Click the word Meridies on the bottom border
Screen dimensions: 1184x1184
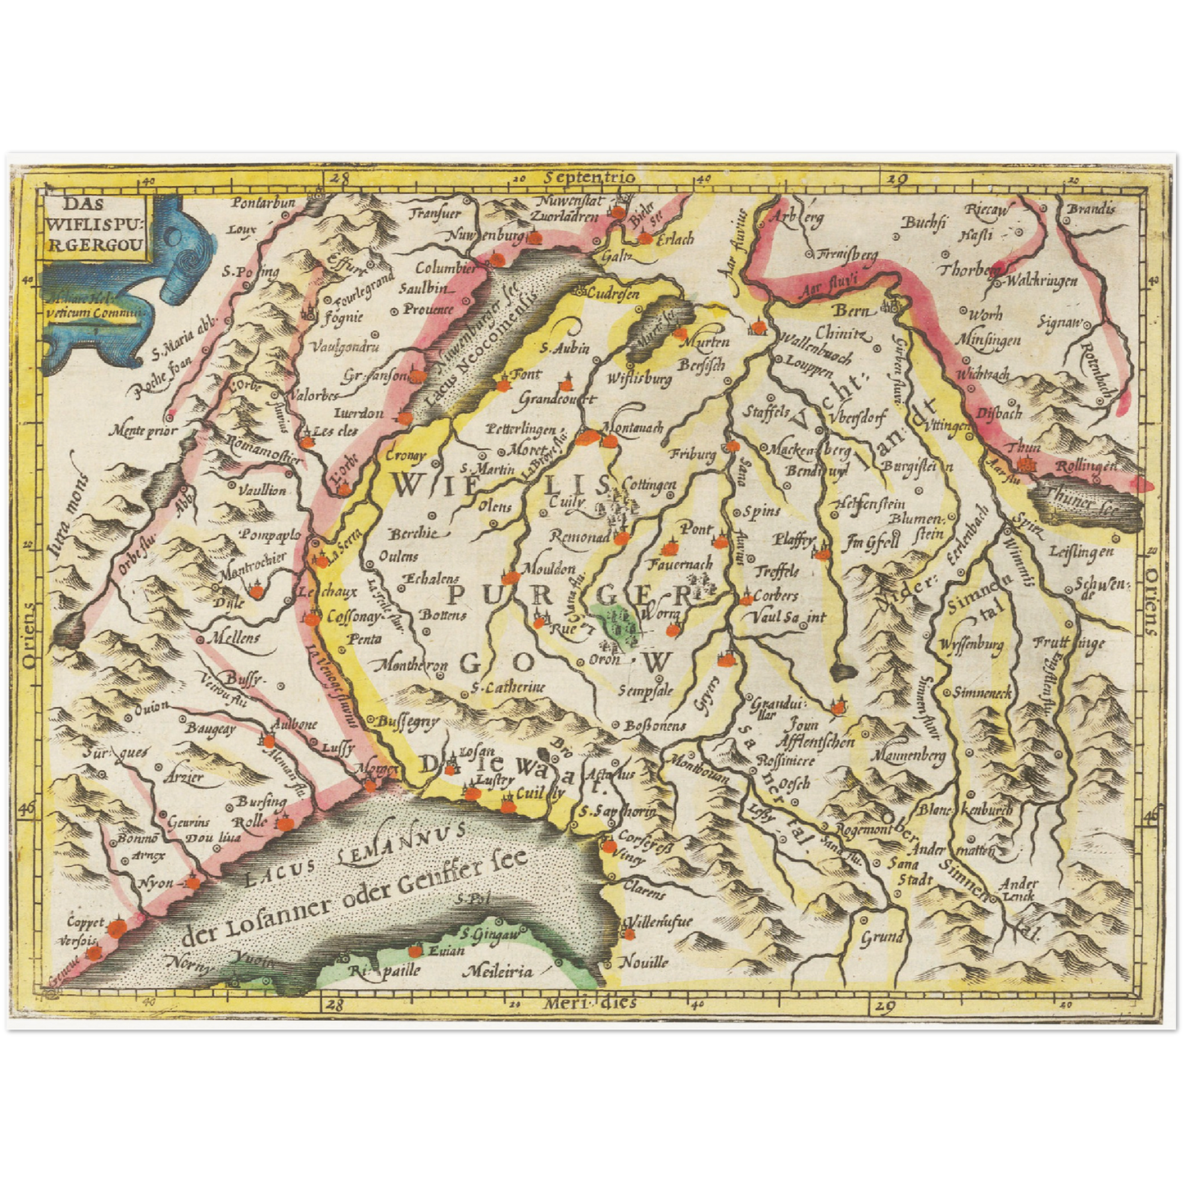[589, 1003]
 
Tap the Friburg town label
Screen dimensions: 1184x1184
[692, 453]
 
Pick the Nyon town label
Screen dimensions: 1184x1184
[156, 883]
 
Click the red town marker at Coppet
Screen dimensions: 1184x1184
[117, 926]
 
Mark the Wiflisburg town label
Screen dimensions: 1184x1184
[639, 379]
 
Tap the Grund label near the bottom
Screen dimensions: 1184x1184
[882, 937]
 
